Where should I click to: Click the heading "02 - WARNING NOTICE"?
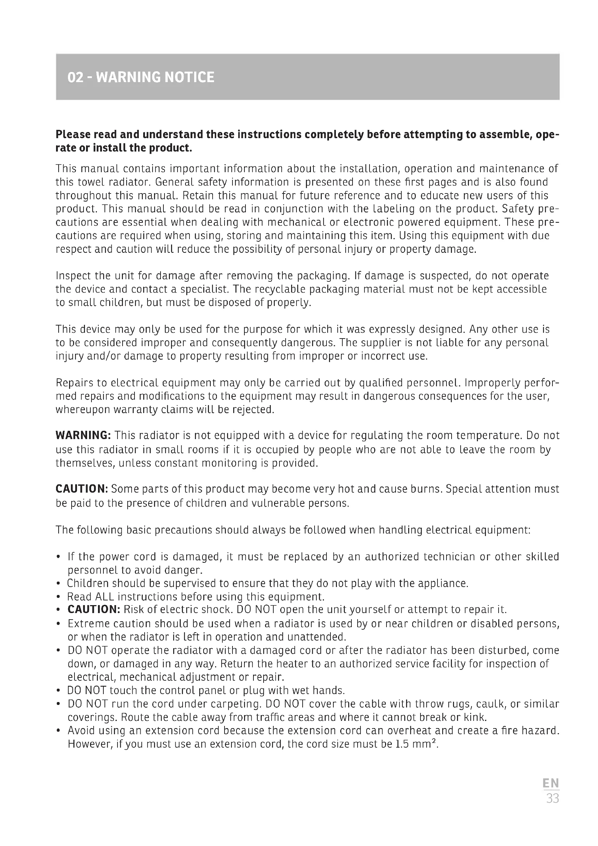click(141, 77)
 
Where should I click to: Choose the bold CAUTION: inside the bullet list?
click(94, 609)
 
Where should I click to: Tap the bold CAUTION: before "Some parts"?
click(82, 489)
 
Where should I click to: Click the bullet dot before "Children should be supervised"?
click(59, 584)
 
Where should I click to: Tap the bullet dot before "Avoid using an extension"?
click(59, 731)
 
